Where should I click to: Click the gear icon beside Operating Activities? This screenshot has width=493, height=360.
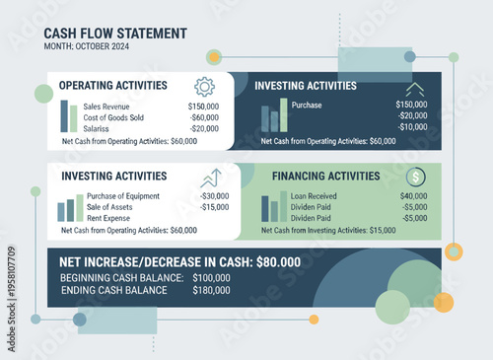205,87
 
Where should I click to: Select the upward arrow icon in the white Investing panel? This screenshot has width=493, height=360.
211,179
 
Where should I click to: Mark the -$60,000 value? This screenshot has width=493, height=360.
204,116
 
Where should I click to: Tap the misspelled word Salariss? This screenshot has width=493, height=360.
98,128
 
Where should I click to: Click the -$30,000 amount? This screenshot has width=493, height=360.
214,195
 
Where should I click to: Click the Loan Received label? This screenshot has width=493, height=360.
315,195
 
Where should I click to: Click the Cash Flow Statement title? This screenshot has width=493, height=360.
115,34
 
